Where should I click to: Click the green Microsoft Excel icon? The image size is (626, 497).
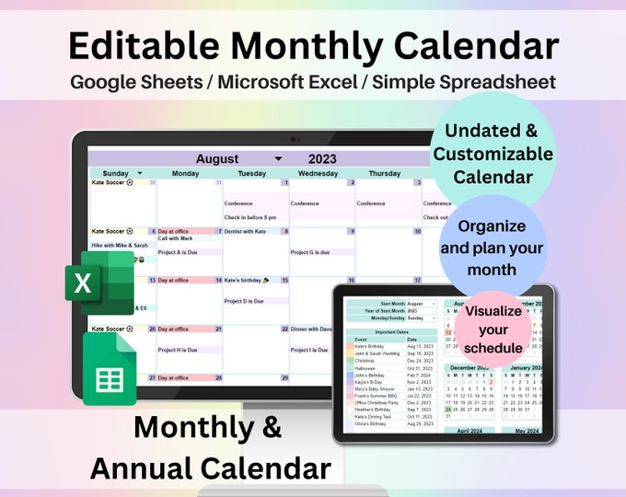[99, 283]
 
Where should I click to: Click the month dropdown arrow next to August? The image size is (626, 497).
[278, 158]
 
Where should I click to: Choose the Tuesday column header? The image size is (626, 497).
[251, 173]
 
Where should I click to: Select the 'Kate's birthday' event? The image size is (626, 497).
[243, 280]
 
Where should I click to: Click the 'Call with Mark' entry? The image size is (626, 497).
[175, 239]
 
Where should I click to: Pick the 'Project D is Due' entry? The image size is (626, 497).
[245, 300]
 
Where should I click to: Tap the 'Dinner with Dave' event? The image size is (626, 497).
[314, 329]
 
